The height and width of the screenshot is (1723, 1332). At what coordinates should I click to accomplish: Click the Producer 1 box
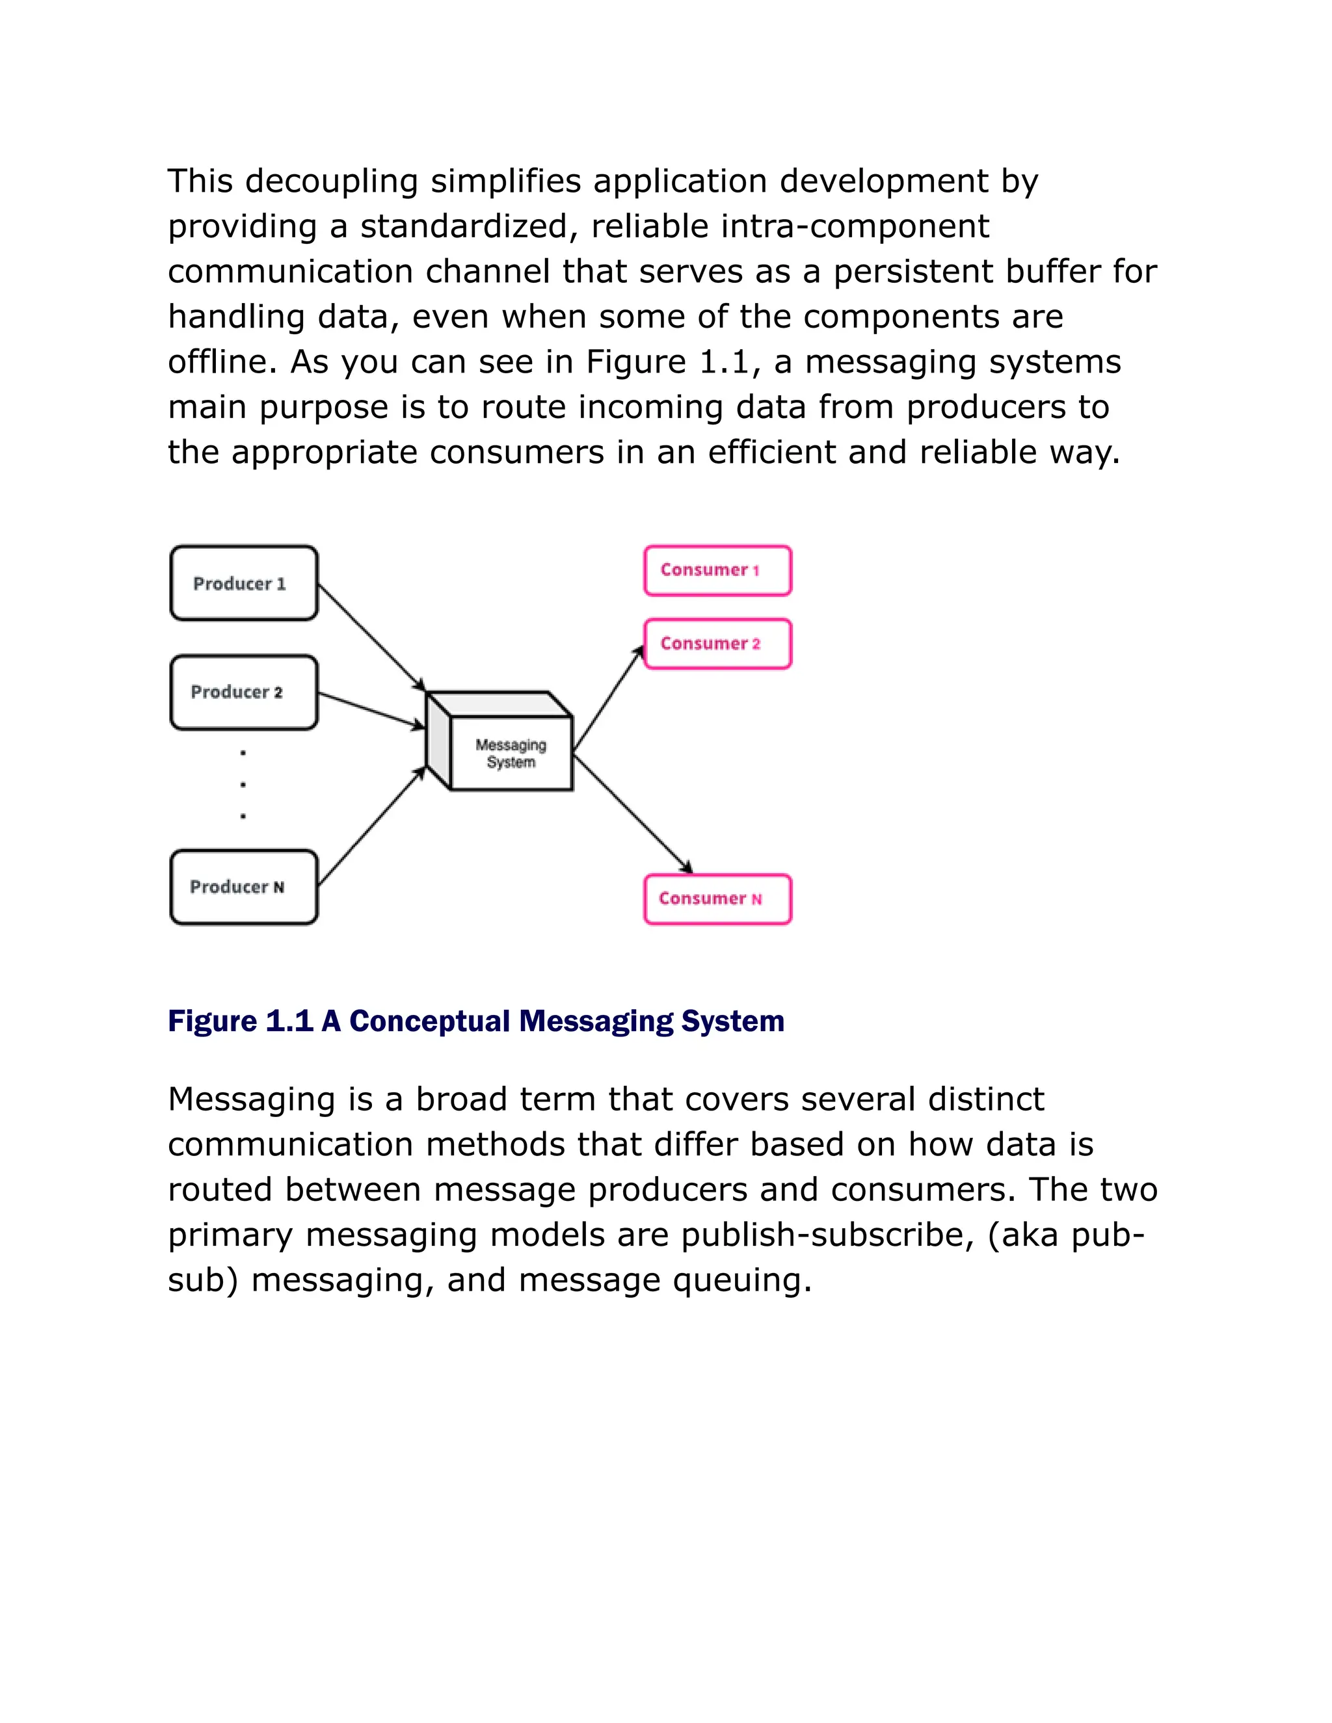[244, 583]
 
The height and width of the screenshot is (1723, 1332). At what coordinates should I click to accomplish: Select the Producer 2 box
[244, 692]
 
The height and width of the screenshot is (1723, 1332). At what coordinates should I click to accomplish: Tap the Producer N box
[244, 887]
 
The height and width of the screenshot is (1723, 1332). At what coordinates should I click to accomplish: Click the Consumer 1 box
[717, 570]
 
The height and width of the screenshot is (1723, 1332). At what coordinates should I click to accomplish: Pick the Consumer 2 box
[717, 644]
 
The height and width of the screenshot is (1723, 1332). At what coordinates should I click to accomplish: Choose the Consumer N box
[717, 899]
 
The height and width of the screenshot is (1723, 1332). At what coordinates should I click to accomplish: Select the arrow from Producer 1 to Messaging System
[371, 637]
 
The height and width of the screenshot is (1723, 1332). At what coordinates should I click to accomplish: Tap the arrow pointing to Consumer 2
[608, 698]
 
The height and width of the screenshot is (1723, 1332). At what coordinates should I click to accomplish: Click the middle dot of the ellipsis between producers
[243, 785]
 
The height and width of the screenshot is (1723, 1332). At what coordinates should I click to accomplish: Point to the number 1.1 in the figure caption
[289, 1021]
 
